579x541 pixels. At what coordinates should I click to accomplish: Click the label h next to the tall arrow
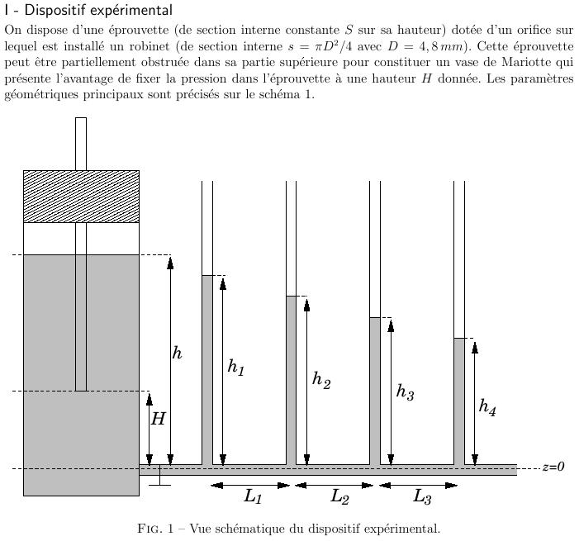coord(177,354)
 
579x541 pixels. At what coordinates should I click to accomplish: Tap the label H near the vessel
coord(158,419)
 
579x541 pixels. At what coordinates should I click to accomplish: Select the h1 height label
coord(236,367)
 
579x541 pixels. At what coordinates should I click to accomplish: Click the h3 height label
coord(405,392)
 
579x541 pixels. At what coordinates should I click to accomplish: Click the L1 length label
coord(253,497)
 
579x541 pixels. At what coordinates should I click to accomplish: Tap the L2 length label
coord(339,497)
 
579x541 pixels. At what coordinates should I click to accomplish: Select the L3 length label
coord(421,497)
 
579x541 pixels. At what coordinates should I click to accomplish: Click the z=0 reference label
coord(553,467)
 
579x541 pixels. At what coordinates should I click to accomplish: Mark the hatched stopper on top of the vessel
coord(81,197)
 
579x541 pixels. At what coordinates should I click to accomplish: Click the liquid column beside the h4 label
coord(458,401)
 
